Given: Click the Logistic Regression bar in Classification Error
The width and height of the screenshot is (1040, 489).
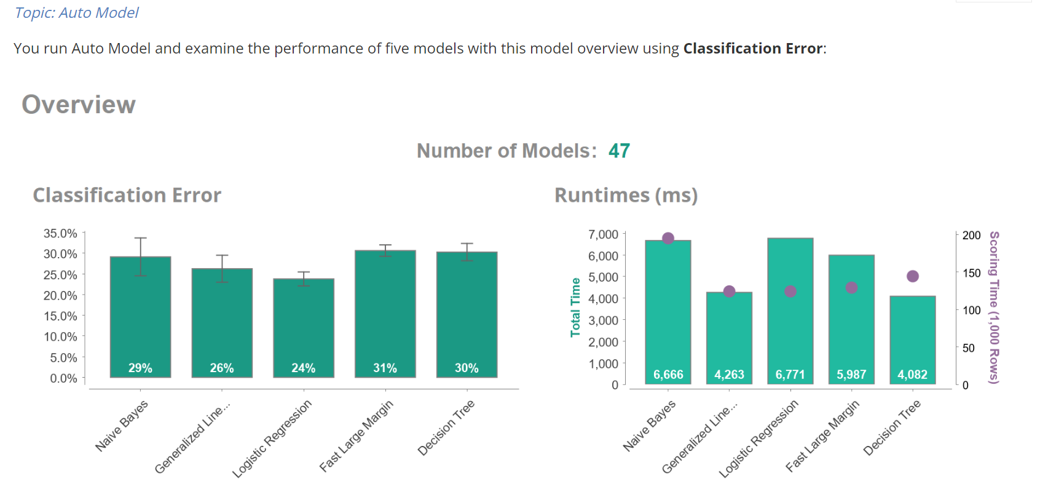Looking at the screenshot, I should click(x=304, y=326).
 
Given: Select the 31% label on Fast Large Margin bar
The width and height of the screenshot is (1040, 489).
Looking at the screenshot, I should click(x=385, y=368).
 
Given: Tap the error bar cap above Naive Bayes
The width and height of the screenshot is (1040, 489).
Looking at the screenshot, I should click(x=140, y=238).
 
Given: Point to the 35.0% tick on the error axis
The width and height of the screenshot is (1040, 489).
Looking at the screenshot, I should click(x=60, y=233).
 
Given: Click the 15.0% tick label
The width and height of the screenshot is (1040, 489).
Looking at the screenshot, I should click(x=60, y=316).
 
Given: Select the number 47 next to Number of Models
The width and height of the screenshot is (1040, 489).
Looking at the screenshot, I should click(x=619, y=151).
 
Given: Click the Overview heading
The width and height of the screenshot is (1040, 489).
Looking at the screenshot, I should click(x=79, y=105).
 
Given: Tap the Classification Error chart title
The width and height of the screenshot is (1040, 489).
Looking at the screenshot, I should click(x=127, y=195).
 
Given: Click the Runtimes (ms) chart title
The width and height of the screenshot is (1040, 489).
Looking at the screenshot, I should click(x=626, y=195).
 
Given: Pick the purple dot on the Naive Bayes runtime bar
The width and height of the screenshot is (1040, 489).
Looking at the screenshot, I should click(x=668, y=238).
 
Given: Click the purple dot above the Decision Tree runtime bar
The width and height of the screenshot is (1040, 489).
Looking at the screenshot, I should click(x=913, y=276).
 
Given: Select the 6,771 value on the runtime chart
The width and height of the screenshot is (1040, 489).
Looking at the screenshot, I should click(x=790, y=375).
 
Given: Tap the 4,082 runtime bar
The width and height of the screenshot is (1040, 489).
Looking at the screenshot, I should click(x=913, y=338).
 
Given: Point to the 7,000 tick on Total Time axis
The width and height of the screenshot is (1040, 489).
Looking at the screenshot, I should click(x=603, y=234).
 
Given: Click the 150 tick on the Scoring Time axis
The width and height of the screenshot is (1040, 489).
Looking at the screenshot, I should click(x=971, y=273).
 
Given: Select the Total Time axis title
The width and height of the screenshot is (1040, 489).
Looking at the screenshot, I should click(x=575, y=307).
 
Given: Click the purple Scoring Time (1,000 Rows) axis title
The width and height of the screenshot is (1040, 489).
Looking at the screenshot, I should click(x=994, y=308).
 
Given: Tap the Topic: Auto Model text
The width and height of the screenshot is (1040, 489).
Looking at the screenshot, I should click(x=77, y=12).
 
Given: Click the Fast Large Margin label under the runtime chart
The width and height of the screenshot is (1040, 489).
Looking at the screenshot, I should click(x=822, y=435).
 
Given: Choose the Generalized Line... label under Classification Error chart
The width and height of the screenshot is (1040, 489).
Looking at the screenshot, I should click(x=192, y=437).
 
